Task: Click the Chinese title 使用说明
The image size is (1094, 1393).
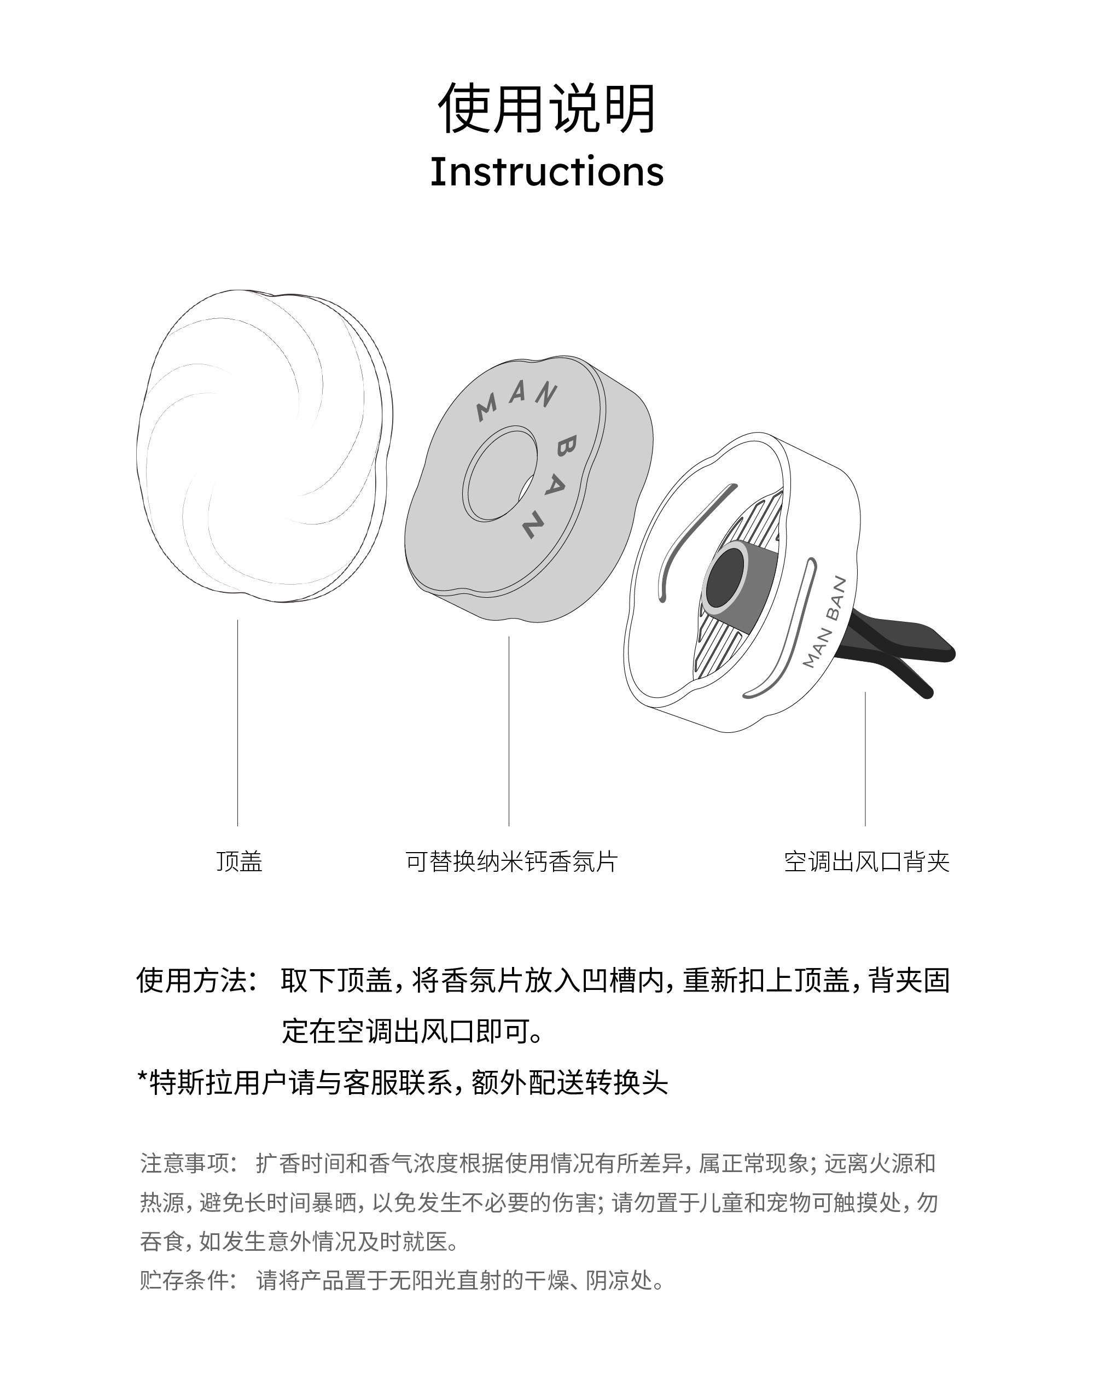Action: [x=546, y=109]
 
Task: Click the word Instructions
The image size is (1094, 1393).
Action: [x=546, y=172]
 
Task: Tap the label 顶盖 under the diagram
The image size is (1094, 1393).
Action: [x=239, y=861]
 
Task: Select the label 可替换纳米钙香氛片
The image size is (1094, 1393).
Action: [x=511, y=861]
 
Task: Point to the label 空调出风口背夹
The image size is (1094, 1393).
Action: [x=866, y=861]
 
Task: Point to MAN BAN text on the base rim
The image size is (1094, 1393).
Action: [x=825, y=621]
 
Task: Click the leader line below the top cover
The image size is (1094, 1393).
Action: [x=237, y=724]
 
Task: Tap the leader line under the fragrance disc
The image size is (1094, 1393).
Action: [x=509, y=730]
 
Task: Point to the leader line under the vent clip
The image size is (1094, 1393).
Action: [x=865, y=759]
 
